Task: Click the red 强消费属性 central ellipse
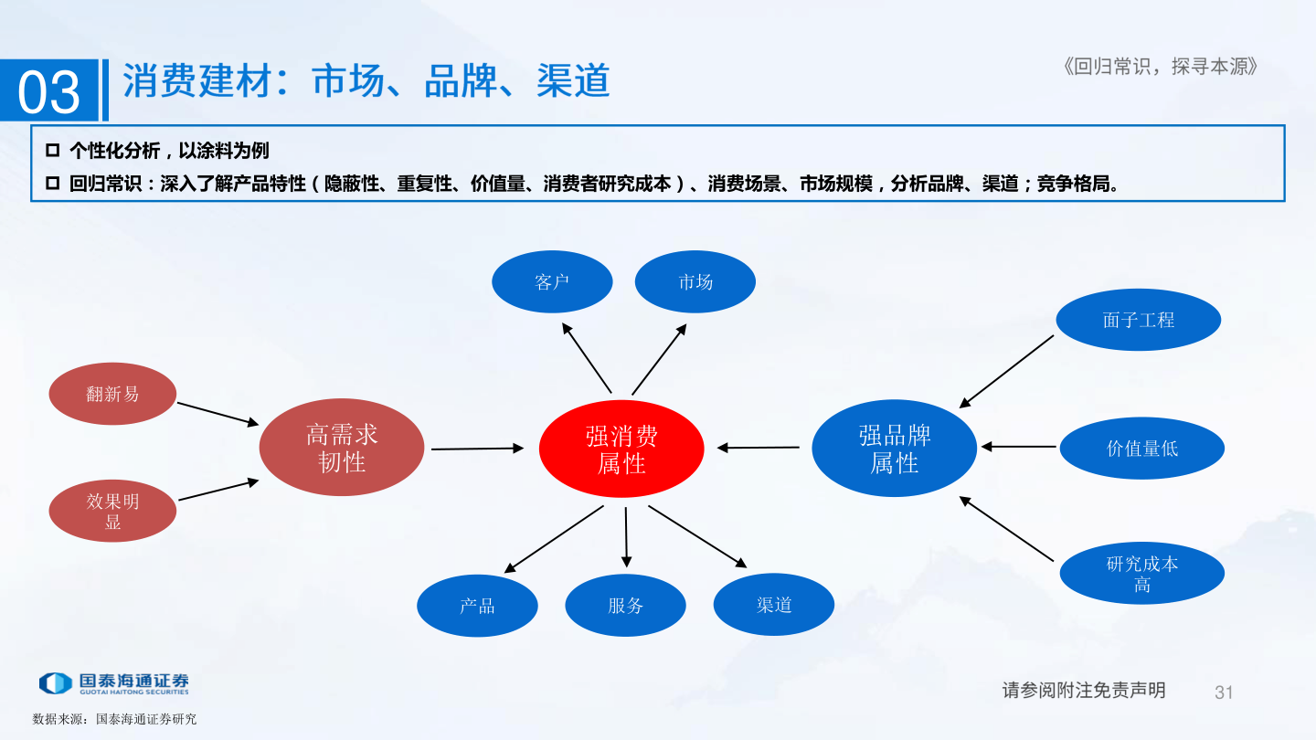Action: (x=621, y=449)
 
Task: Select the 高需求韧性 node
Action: (x=342, y=448)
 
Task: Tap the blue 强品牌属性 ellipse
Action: (x=894, y=449)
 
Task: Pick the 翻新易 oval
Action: (x=112, y=394)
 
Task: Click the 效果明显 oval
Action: (x=112, y=512)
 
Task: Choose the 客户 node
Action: (x=552, y=281)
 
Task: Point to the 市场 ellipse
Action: (x=695, y=281)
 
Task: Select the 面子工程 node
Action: (x=1138, y=320)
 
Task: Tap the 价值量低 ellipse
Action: (x=1141, y=448)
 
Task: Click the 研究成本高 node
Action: (x=1141, y=574)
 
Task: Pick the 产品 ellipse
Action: (x=477, y=605)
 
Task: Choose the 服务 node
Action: (x=625, y=605)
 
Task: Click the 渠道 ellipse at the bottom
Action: (x=773, y=605)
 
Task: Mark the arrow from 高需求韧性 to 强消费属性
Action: (x=477, y=449)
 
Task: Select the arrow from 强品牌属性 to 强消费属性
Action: (x=759, y=448)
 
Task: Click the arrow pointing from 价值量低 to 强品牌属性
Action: (x=1018, y=447)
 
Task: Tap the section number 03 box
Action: (x=49, y=91)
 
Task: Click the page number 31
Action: (x=1224, y=692)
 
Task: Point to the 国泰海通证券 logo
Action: (x=114, y=683)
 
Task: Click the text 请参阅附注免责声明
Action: (x=1084, y=690)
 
